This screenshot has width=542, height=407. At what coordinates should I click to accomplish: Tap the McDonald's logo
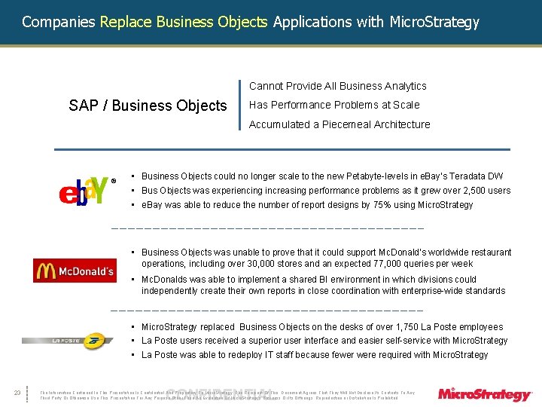tap(75, 270)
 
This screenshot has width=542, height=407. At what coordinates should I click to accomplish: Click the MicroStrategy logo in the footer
tap(485, 394)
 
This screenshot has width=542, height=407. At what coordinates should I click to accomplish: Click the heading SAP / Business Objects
tap(148, 106)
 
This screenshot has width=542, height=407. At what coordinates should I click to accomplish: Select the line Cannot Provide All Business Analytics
tap(337, 86)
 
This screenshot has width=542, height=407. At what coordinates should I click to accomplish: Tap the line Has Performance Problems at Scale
tap(334, 105)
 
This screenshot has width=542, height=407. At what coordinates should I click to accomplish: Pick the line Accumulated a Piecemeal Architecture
tap(340, 124)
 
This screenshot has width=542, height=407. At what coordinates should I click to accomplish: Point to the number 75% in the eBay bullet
tap(373, 204)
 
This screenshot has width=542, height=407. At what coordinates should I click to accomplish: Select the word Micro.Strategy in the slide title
tap(434, 22)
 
